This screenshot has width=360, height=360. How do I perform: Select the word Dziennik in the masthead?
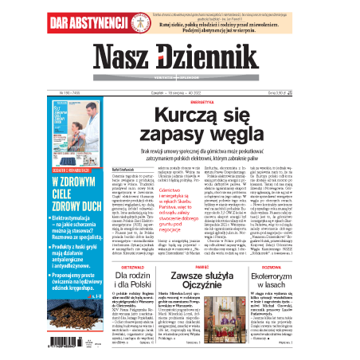click(x=219, y=57)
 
